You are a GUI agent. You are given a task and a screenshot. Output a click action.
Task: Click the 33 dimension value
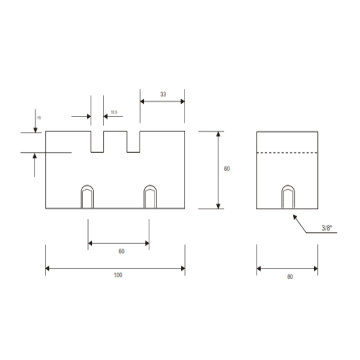click(163, 94)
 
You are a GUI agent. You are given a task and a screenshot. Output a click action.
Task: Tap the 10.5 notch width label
click(114, 112)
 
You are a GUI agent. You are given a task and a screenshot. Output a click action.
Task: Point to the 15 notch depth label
click(39, 118)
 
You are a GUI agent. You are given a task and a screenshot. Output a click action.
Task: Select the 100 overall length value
click(118, 275)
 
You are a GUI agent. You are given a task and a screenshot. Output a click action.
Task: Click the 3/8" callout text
click(327, 228)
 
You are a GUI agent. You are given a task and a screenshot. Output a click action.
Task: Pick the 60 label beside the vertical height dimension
click(227, 169)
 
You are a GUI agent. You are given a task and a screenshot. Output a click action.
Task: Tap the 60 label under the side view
click(290, 277)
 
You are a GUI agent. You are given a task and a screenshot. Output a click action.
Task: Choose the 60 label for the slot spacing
click(121, 251)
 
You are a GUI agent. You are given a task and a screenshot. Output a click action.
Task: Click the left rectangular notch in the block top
click(97, 142)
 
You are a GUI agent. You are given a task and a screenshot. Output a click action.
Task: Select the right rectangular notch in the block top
click(133, 142)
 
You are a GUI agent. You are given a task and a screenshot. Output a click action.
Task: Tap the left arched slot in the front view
click(87, 197)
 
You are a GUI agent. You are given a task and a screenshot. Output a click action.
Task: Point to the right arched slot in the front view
click(150, 197)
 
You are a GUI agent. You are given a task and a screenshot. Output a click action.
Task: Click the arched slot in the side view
click(288, 197)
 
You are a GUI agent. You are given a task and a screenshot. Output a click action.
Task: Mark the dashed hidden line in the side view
click(287, 153)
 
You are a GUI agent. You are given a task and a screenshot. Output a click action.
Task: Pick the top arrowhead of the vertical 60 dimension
click(218, 134)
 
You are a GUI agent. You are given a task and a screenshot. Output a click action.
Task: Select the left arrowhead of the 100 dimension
click(48, 268)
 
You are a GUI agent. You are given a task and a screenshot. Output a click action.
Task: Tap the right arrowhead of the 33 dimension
click(182, 101)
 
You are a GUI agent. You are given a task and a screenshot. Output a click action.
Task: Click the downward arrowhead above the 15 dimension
click(35, 130)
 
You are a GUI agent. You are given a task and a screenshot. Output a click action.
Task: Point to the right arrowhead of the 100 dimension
click(183, 268)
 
